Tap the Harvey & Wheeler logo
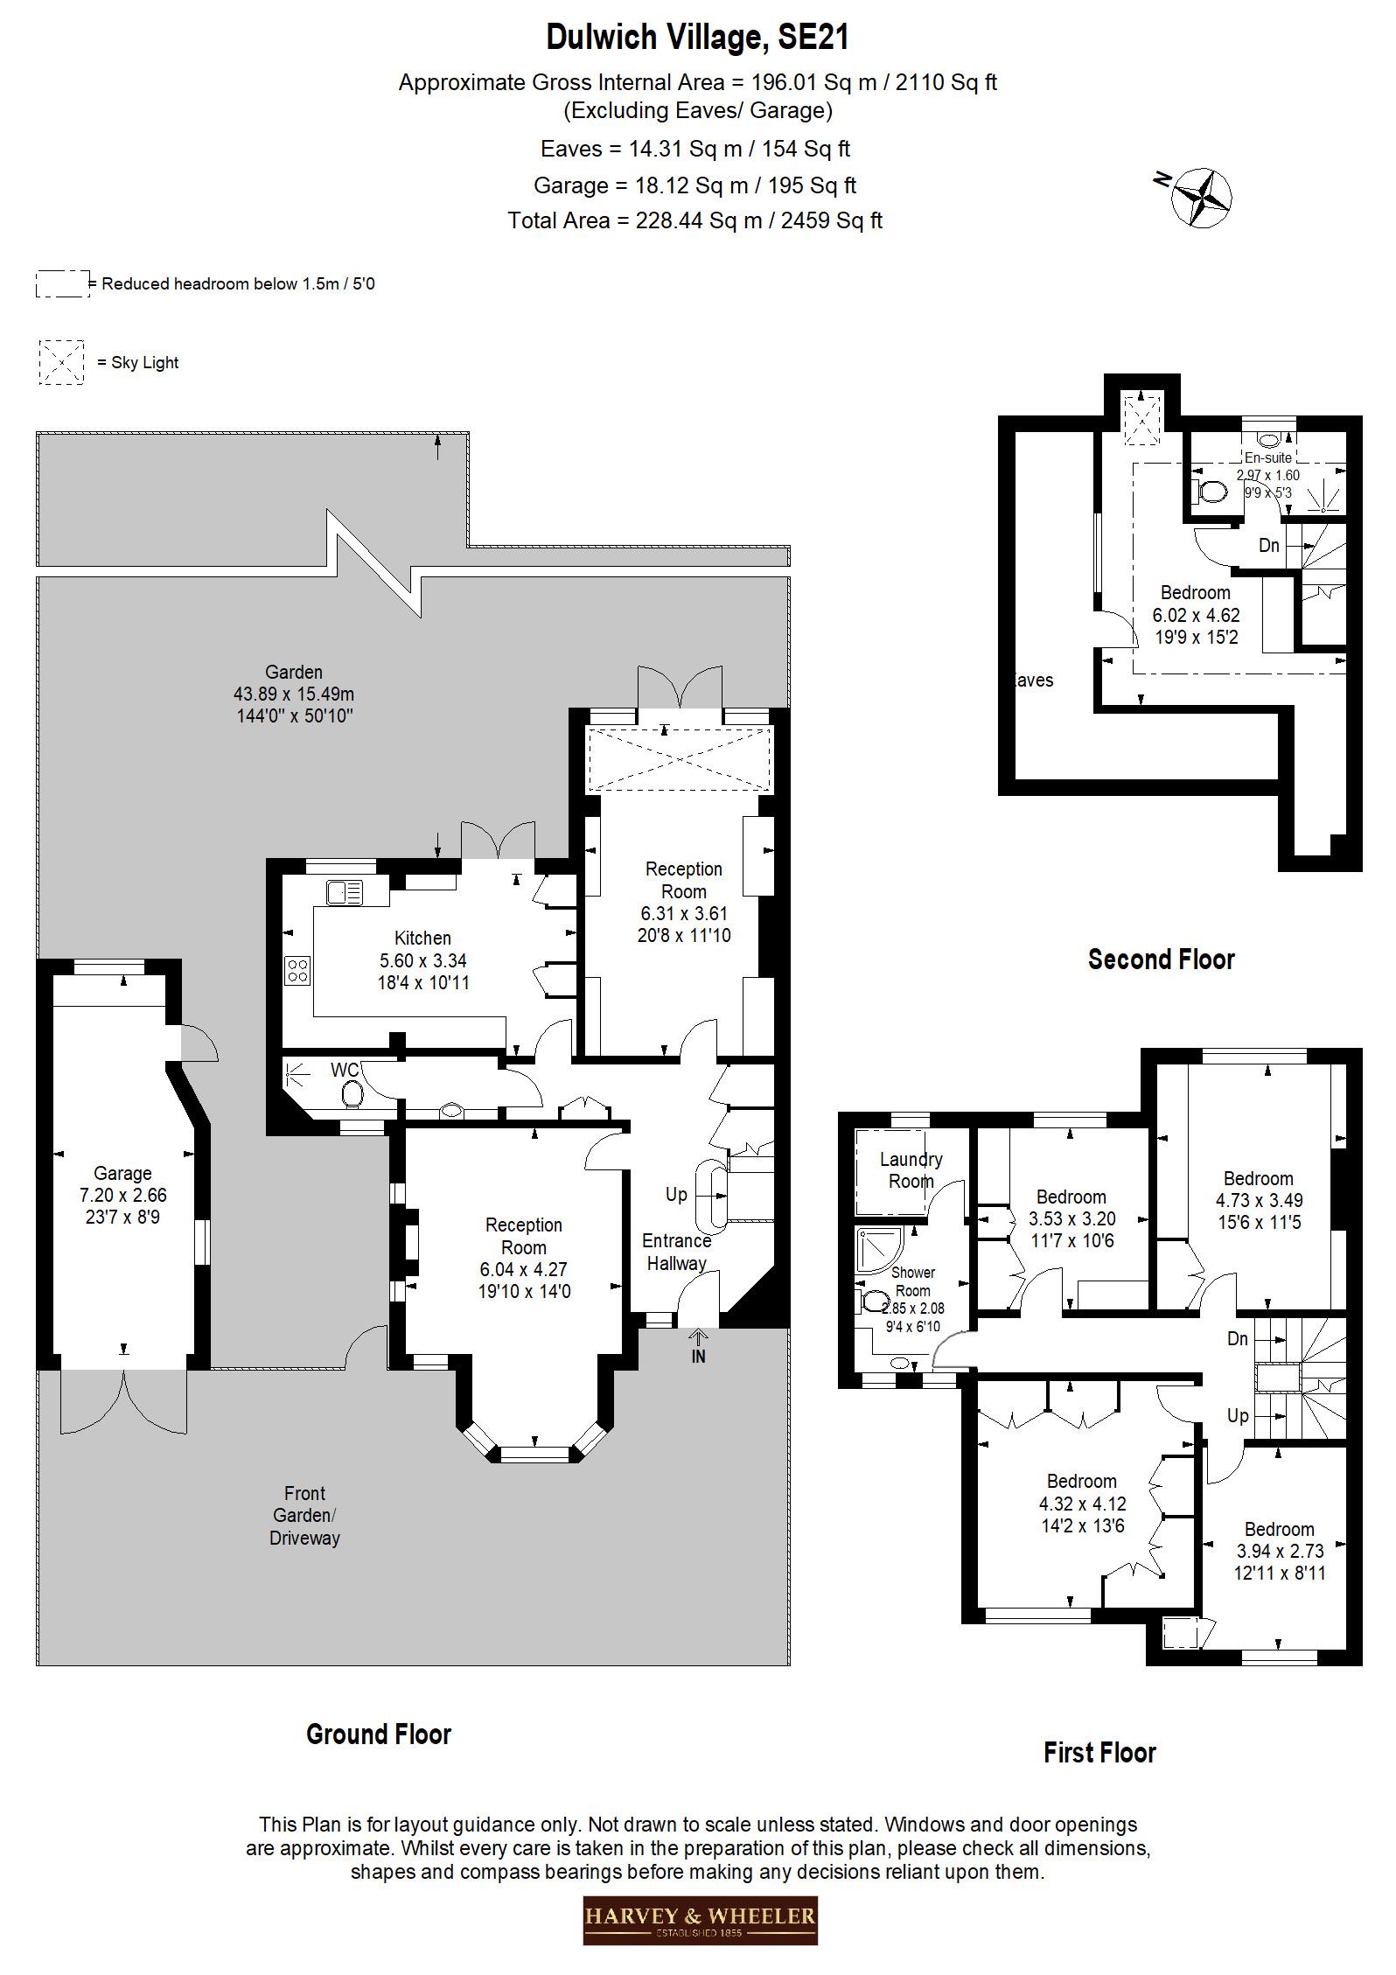click(700, 1919)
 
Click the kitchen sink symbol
click(345, 893)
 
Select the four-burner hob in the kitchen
click(297, 970)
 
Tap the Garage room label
click(123, 1173)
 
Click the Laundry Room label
click(911, 1170)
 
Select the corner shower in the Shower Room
click(880, 1248)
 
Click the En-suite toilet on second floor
click(1211, 492)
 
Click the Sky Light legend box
click(61, 362)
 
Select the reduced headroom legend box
click(62, 284)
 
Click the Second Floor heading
click(1161, 960)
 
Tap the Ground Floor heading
click(378, 1734)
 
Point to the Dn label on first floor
click(1237, 1339)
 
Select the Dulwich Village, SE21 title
click(697, 38)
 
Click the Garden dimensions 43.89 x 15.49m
click(294, 694)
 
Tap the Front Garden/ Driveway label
click(304, 1515)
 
